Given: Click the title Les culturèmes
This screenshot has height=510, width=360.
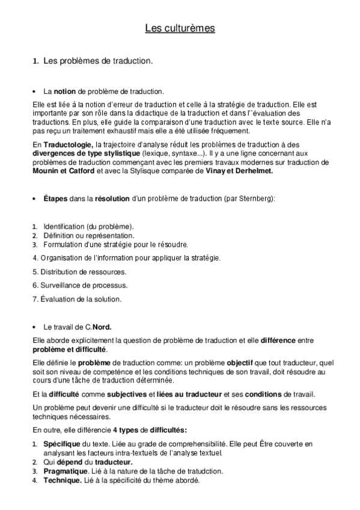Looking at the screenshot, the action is [180, 28].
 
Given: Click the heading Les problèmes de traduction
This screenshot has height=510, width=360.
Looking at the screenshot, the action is [99, 61].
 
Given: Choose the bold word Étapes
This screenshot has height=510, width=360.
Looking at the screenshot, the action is [57, 198].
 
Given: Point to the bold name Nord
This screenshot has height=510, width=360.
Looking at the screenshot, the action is [102, 328].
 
